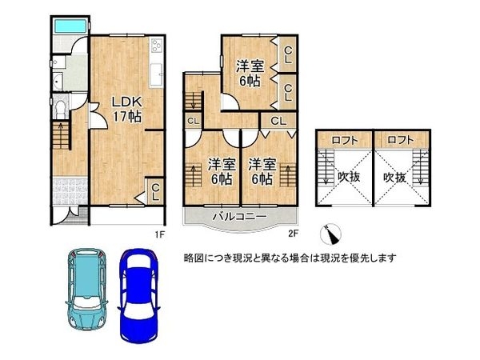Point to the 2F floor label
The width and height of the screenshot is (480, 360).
coord(293,234)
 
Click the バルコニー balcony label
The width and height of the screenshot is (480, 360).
coord(238,216)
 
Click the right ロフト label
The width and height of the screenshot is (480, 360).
coord(401,139)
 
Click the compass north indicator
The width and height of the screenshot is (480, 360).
coord(330,235)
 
